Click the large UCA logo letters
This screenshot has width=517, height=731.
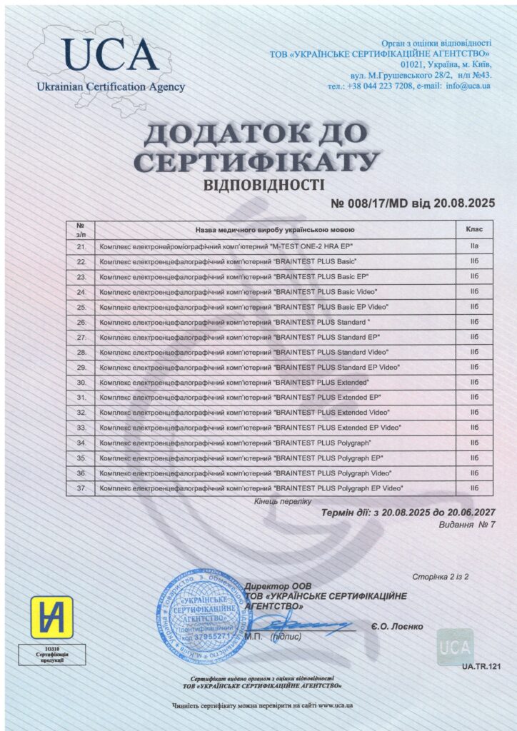click(109, 55)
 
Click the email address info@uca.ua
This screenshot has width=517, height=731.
click(468, 85)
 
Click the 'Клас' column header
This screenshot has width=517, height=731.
click(474, 230)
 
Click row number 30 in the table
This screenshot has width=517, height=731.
click(81, 382)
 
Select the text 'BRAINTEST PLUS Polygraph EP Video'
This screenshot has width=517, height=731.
click(338, 488)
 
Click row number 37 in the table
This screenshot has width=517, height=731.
click(81, 488)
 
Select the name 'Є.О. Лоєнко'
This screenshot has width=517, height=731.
click(397, 626)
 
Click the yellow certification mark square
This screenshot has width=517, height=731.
click(51, 617)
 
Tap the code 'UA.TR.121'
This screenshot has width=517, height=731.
click(477, 666)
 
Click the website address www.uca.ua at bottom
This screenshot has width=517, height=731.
click(336, 706)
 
